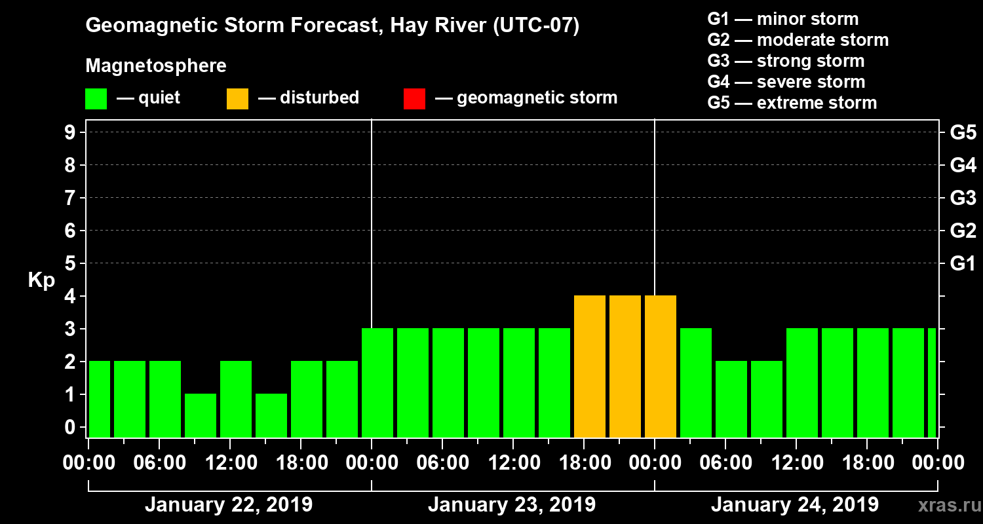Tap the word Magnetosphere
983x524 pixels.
(x=156, y=66)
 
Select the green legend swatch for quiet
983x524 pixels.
(x=96, y=98)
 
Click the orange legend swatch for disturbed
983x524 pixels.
(x=237, y=98)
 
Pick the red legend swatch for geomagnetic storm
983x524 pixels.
(x=414, y=98)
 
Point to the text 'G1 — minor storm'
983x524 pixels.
(x=783, y=19)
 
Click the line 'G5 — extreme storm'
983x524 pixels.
(x=792, y=103)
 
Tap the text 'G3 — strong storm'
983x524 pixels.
(x=786, y=61)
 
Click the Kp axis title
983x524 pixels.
(x=41, y=280)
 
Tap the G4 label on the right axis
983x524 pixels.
(x=963, y=165)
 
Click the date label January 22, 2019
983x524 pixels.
(x=228, y=505)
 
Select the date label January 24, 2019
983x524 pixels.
(x=794, y=505)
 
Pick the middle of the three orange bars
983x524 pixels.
(x=625, y=367)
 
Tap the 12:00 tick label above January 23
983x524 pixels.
(x=513, y=463)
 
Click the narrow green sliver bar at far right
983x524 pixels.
(x=932, y=383)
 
